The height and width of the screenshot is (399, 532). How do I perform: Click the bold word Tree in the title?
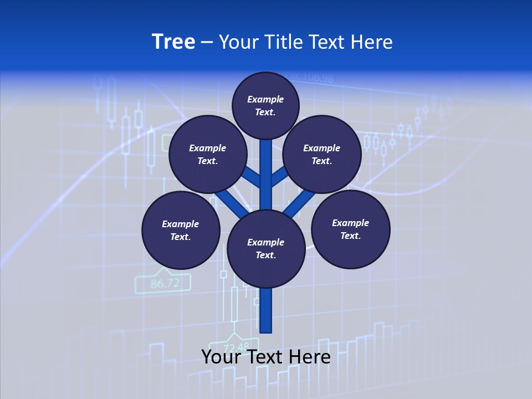pos(173,42)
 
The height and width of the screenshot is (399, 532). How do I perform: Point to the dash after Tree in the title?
pos(207,43)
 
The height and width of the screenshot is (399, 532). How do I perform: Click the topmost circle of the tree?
pos(265,105)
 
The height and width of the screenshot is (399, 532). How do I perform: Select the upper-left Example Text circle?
pos(208,154)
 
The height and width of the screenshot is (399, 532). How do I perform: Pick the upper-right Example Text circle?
pos(322,154)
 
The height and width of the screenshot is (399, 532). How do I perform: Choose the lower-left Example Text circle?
pos(181,230)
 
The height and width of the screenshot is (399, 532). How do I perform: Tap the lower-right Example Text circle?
pos(350,229)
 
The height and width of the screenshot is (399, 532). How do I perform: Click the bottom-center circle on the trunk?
pos(266,248)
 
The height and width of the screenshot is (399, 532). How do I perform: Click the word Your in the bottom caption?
pos(219,357)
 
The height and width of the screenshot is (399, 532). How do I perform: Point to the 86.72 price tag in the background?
pos(165,284)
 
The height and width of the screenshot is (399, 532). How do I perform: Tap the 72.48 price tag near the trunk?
pos(236,347)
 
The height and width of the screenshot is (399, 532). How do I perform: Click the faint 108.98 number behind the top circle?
pos(315,78)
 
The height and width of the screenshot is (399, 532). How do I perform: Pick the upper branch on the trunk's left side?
pos(252,177)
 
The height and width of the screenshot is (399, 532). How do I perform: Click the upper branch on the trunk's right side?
pos(279,176)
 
